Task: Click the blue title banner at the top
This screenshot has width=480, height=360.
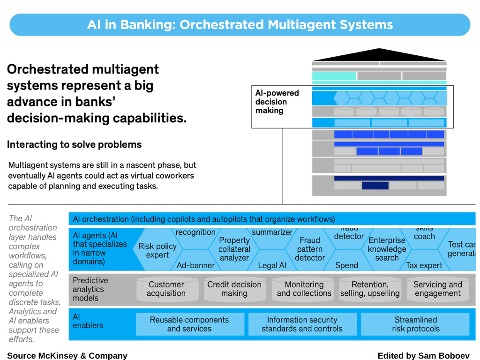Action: tap(240, 25)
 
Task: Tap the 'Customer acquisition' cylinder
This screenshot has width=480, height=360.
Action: tap(166, 289)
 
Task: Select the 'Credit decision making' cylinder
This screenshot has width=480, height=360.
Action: tap(234, 289)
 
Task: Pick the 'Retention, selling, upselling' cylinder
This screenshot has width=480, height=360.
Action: tap(370, 289)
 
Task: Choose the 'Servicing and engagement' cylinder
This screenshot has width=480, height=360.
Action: tap(437, 289)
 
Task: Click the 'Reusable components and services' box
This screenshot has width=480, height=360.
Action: tap(189, 324)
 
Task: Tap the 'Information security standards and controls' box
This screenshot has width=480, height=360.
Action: tap(302, 324)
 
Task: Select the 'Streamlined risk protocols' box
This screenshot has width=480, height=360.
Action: tap(415, 324)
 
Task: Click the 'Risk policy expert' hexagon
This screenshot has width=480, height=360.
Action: tap(157, 250)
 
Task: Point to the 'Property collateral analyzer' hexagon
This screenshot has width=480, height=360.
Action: tap(234, 249)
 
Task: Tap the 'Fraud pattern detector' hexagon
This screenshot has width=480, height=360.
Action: tap(310, 249)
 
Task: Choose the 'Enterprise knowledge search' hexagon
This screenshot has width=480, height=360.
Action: tap(387, 249)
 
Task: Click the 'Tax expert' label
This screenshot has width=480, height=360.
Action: tap(424, 265)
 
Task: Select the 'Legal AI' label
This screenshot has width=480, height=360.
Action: tap(272, 265)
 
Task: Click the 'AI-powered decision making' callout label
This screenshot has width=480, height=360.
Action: tap(277, 102)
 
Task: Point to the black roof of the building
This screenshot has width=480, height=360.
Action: tap(379, 55)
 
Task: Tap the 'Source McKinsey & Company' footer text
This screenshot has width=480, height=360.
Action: tap(67, 355)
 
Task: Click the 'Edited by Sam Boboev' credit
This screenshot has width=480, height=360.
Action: tap(423, 355)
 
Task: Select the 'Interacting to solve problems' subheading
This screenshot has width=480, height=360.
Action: tap(74, 144)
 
